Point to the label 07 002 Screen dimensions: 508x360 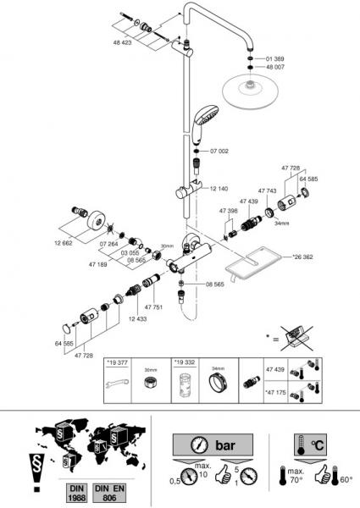(x=219, y=151)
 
